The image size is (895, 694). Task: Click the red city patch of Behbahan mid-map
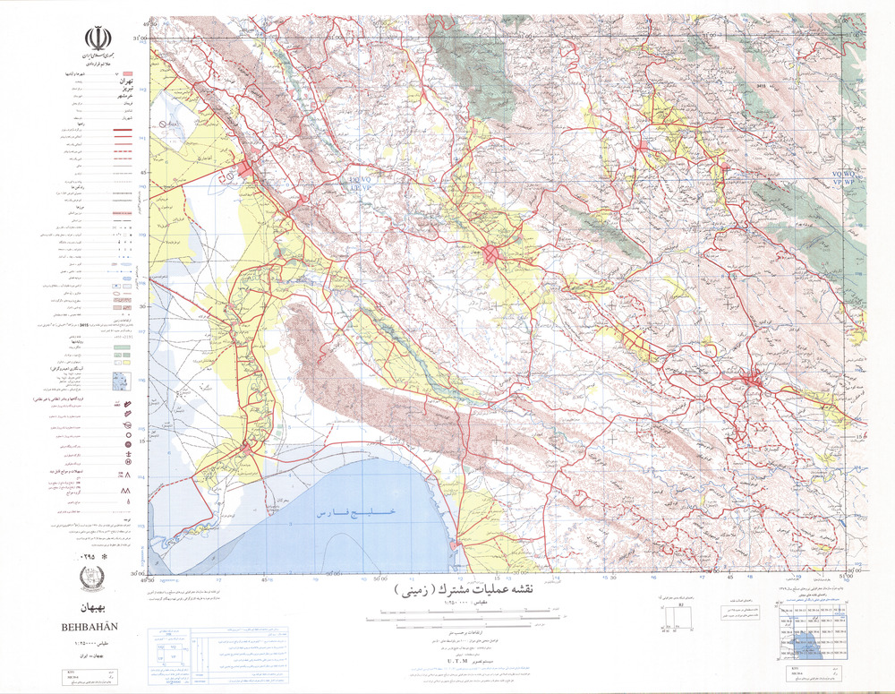[493, 254]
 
